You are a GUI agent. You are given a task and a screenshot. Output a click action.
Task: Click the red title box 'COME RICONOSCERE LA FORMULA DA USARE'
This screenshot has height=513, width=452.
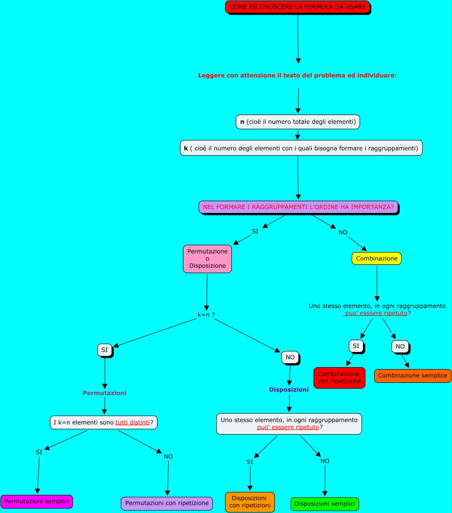pyautogui.click(x=297, y=7)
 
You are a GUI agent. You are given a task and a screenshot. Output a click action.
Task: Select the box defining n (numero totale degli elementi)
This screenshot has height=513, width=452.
pyautogui.click(x=297, y=122)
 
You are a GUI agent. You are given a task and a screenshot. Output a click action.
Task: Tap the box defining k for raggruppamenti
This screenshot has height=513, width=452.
pyautogui.click(x=301, y=148)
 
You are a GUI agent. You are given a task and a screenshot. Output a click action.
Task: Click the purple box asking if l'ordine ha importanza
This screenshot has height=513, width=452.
pyautogui.click(x=298, y=207)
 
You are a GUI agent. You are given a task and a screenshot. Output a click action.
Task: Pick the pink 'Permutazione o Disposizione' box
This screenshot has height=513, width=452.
pyautogui.click(x=207, y=258)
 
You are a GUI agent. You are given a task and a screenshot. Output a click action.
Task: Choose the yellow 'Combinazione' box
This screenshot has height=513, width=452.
pyautogui.click(x=376, y=258)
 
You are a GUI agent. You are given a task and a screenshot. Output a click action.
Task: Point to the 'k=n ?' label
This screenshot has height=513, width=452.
pyautogui.click(x=206, y=315)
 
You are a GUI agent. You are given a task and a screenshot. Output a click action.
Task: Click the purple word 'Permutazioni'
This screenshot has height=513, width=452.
pyautogui.click(x=104, y=393)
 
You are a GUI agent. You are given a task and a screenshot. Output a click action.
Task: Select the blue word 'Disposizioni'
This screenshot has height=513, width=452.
pyautogui.click(x=289, y=390)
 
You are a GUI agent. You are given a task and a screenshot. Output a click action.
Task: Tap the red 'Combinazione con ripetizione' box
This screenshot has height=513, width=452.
pyautogui.click(x=339, y=377)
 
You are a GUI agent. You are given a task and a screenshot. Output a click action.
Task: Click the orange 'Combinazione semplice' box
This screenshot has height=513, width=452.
pyautogui.click(x=412, y=376)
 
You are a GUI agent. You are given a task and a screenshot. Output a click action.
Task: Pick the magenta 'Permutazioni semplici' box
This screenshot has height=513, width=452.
pyautogui.click(x=37, y=501)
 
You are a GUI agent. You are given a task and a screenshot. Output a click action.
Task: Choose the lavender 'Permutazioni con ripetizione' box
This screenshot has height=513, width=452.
pyautogui.click(x=167, y=503)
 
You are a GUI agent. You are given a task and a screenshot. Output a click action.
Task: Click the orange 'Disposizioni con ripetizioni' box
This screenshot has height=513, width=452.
pyautogui.click(x=249, y=502)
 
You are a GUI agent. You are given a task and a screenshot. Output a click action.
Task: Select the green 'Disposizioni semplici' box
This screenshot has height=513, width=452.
pyautogui.click(x=324, y=504)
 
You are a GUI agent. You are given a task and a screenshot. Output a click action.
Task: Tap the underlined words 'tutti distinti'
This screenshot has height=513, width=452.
pyautogui.click(x=133, y=422)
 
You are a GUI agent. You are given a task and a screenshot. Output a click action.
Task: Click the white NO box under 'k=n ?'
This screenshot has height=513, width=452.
pyautogui.click(x=290, y=357)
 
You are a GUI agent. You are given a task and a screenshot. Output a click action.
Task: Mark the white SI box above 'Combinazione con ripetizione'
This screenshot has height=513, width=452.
pyautogui.click(x=356, y=346)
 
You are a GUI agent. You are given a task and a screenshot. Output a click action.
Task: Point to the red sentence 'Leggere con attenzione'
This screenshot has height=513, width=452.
pyautogui.click(x=297, y=75)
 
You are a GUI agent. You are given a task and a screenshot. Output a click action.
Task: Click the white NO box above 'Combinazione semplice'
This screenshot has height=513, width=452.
pyautogui.click(x=400, y=347)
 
